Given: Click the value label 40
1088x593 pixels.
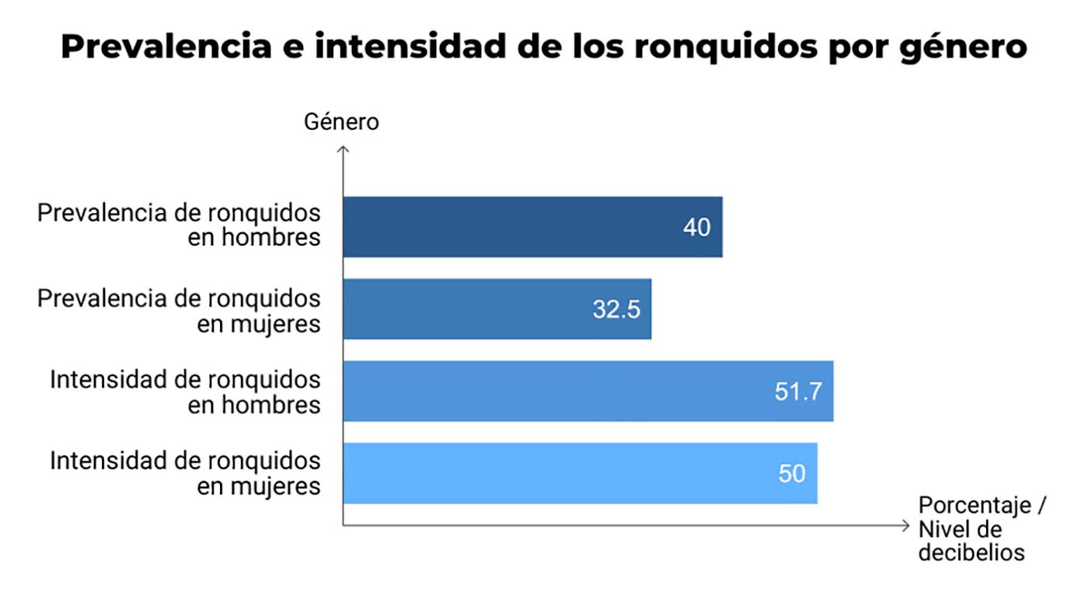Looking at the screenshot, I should [x=697, y=228].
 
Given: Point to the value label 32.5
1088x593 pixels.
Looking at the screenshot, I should [x=616, y=309].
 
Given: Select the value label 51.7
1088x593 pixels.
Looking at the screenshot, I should [x=798, y=392].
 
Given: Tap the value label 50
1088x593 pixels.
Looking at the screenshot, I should [x=792, y=473].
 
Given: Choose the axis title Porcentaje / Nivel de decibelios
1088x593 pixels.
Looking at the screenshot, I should [x=982, y=528].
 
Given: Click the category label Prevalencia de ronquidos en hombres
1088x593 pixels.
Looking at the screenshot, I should [x=179, y=225].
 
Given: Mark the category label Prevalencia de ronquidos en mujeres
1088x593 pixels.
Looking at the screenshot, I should [x=179, y=310].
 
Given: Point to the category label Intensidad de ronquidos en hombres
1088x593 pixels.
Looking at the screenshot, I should [x=185, y=392].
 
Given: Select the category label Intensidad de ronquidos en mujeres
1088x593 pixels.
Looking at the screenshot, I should [x=185, y=473].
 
